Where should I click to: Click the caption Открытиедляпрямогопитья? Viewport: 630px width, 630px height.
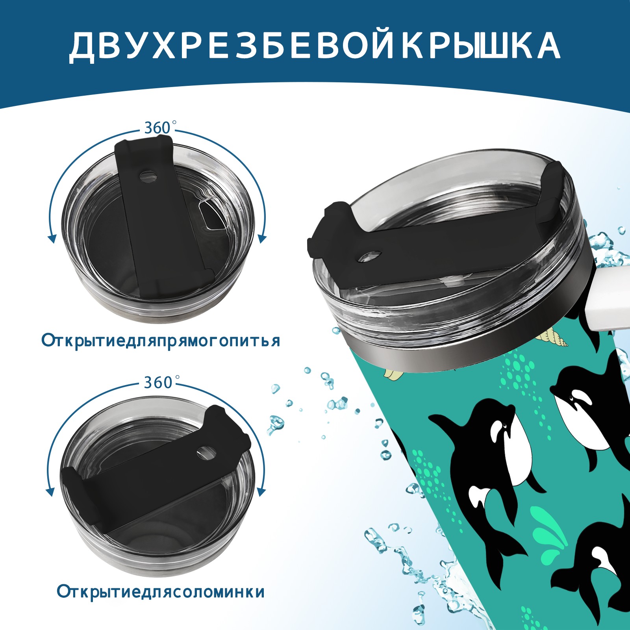[x=161, y=340]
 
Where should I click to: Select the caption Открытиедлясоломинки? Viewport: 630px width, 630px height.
[x=161, y=603]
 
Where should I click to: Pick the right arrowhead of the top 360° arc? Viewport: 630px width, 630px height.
[x=262, y=239]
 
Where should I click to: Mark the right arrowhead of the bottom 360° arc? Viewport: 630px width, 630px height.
[x=261, y=492]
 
